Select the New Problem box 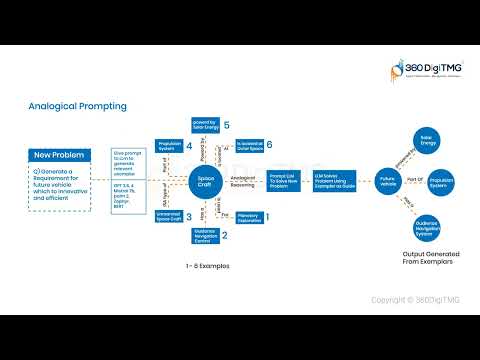pyautogui.click(x=61, y=156)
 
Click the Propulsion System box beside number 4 pyautogui.click(x=168, y=148)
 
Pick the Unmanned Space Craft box pyautogui.click(x=168, y=216)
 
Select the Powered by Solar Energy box pyautogui.click(x=206, y=126)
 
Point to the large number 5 pyautogui.click(x=227, y=126)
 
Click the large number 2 pyautogui.click(x=225, y=236)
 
